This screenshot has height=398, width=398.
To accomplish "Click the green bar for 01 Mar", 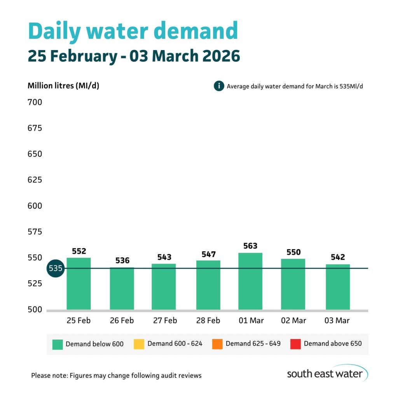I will (x=250, y=281).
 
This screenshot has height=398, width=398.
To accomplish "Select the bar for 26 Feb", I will (x=122, y=288).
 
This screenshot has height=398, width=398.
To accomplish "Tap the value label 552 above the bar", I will (x=79, y=251).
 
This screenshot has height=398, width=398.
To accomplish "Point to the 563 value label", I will (x=250, y=246).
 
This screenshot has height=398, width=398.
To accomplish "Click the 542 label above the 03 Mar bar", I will (x=337, y=257).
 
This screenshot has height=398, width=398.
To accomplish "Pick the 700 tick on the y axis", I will (x=35, y=103).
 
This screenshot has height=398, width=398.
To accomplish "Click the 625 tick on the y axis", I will (x=35, y=180).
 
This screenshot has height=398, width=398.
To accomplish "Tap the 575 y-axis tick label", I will (x=35, y=232).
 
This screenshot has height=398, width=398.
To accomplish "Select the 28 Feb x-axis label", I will (x=208, y=321).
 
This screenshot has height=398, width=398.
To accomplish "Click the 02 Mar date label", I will (x=293, y=321).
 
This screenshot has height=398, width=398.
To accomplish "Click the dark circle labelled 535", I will (x=55, y=269).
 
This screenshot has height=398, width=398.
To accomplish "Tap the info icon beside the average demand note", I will (x=219, y=86).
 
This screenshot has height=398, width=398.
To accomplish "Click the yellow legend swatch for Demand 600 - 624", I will (x=139, y=344).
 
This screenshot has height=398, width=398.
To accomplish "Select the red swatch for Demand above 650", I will (x=295, y=344).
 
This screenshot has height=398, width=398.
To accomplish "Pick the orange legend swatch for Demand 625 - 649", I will (x=217, y=344).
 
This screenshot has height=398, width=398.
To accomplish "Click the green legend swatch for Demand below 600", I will (x=58, y=344).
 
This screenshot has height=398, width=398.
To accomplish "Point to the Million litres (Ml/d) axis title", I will (x=63, y=86).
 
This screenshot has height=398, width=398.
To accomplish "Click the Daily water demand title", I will (x=133, y=31).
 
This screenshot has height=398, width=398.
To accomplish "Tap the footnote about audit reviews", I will (x=116, y=375).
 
